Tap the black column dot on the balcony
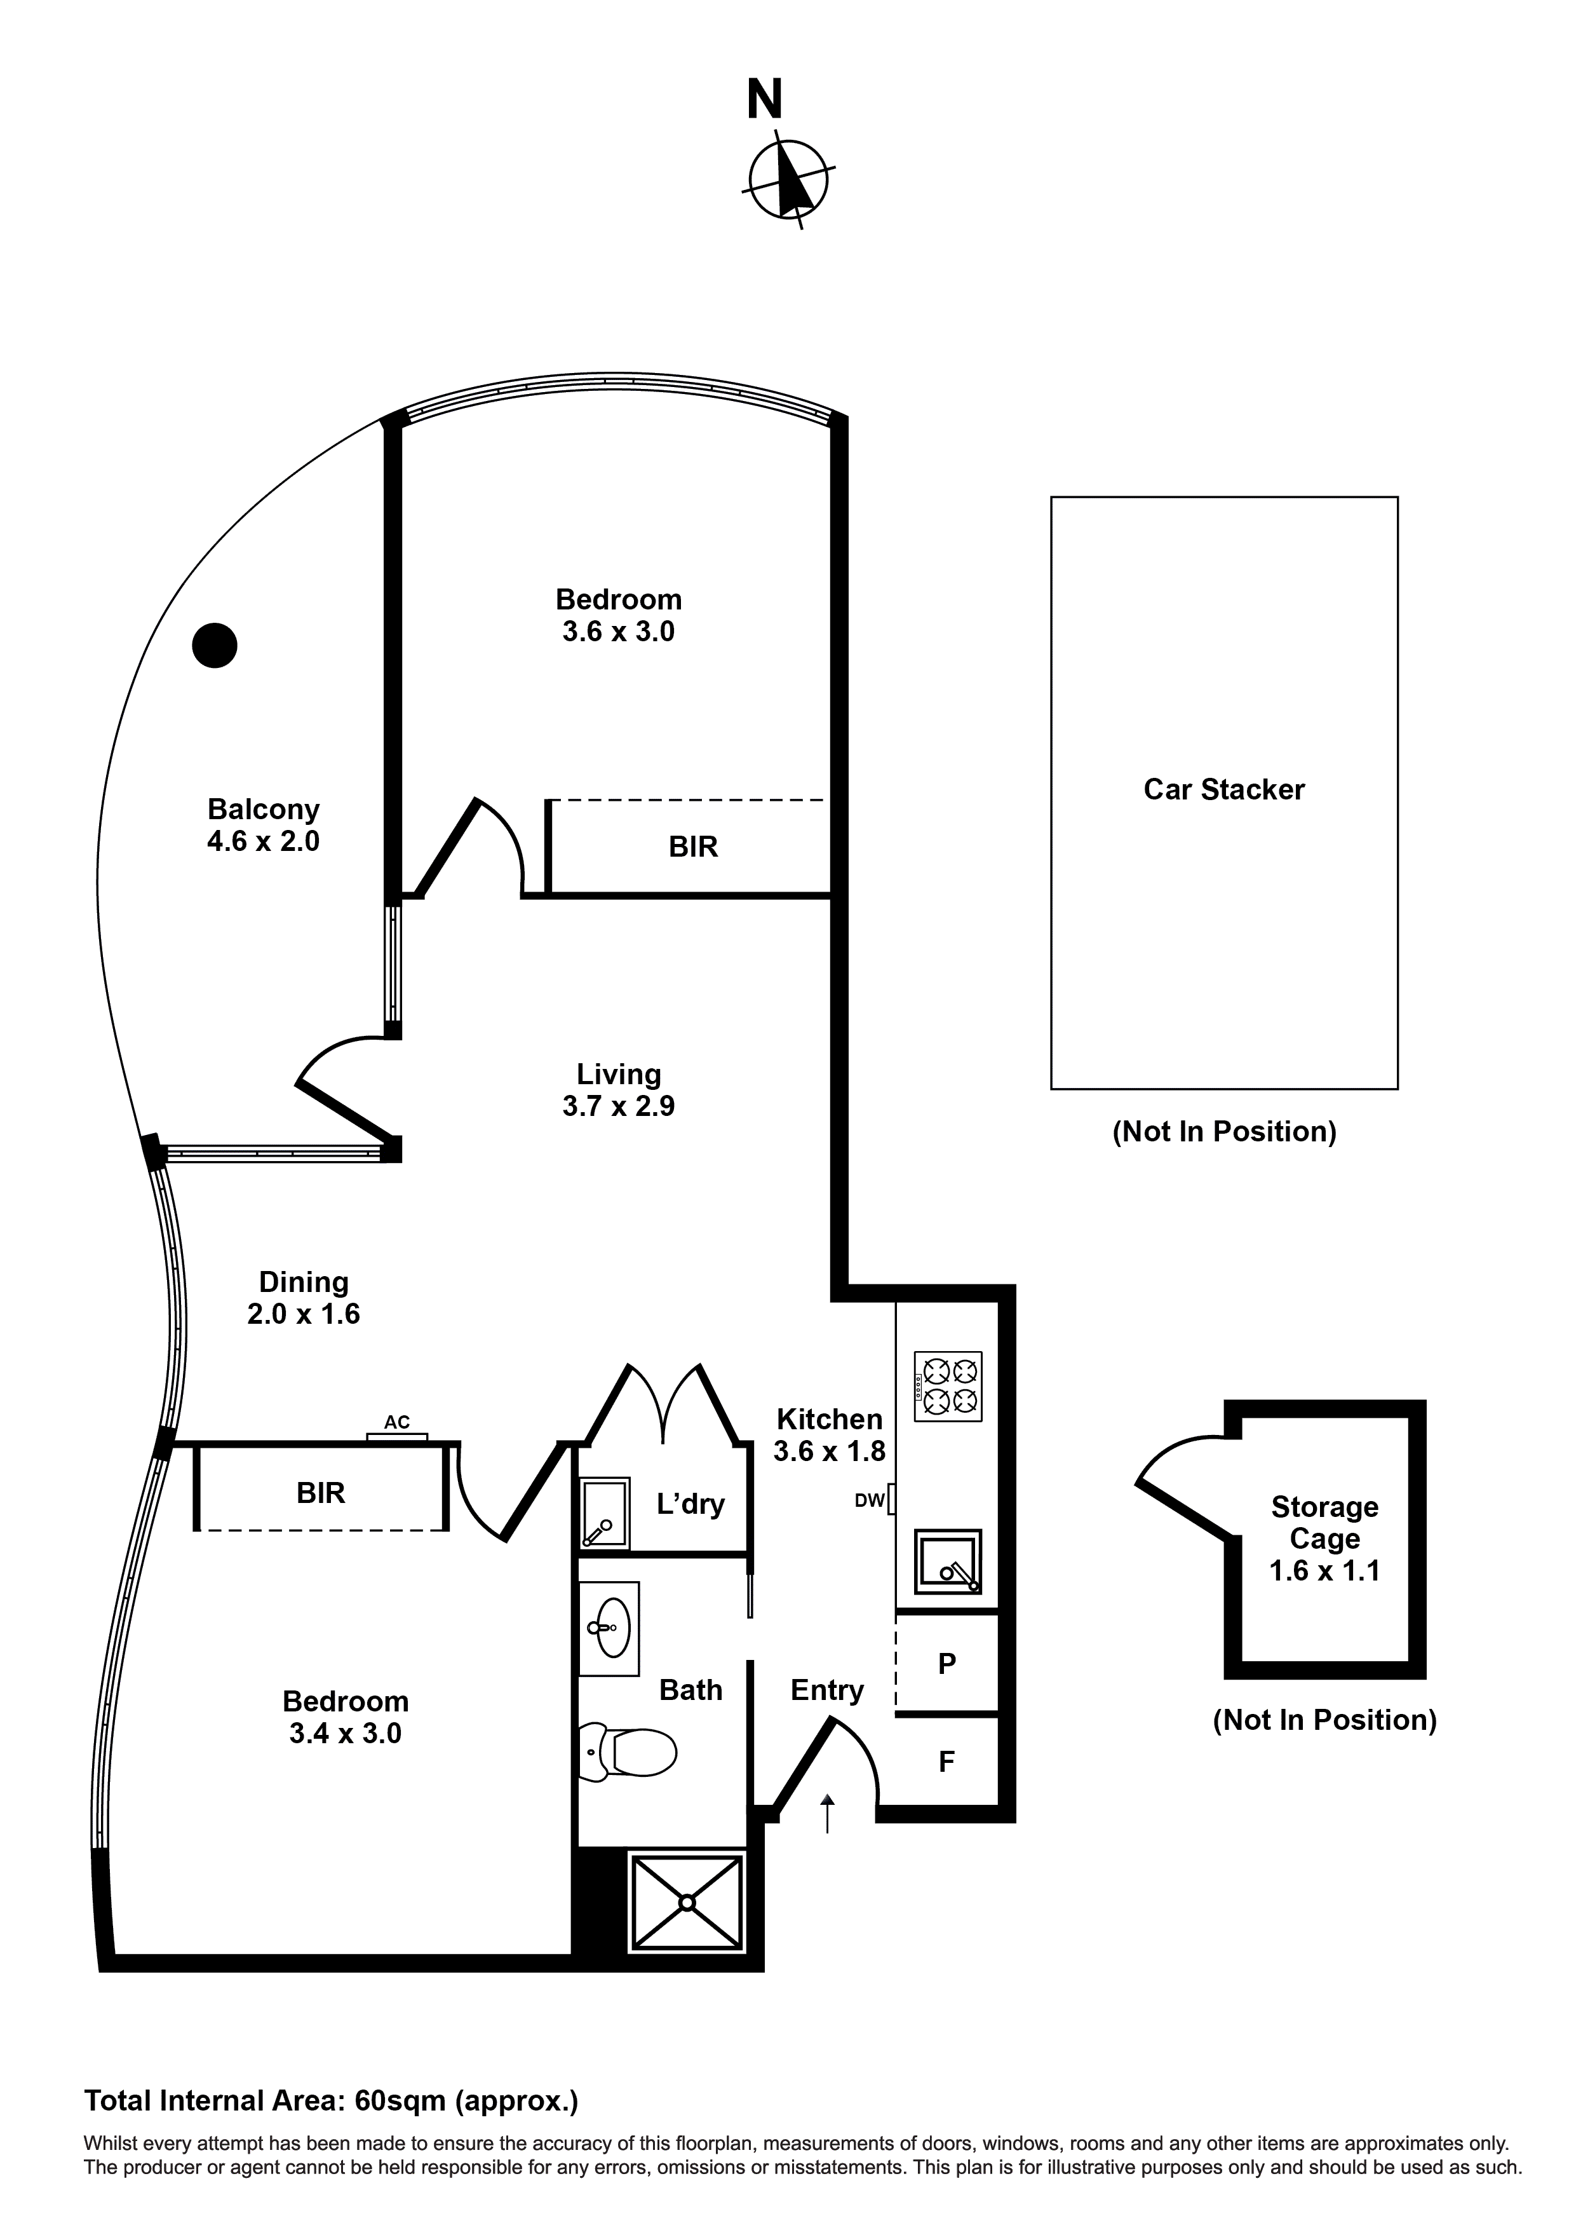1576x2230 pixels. pos(215,645)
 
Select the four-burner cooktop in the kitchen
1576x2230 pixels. pos(948,1386)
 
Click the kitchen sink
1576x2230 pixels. pos(948,1562)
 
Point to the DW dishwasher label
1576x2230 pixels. pos(870,1500)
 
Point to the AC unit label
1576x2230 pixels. pos(396,1422)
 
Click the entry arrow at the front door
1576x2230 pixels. pos(827,1812)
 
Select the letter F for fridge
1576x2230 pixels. pos(946,1761)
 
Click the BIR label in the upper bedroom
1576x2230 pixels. pos(693,847)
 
